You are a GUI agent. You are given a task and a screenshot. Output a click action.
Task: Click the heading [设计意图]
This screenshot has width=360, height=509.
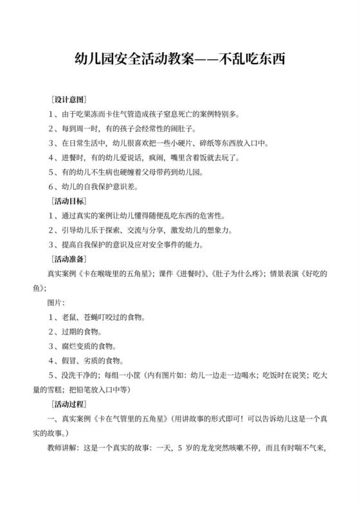point(68,100)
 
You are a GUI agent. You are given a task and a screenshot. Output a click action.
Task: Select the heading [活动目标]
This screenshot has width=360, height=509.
point(68,202)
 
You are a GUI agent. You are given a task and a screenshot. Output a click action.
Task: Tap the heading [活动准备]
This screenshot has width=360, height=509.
point(68,259)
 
